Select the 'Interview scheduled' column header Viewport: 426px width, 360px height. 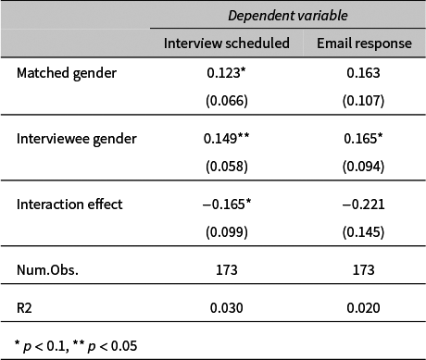tap(226, 43)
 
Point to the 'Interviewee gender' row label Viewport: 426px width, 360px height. tap(77, 139)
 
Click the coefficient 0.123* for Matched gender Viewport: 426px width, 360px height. tap(228, 73)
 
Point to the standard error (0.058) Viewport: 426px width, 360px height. tap(226, 166)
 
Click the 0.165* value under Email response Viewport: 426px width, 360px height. tap(365, 139)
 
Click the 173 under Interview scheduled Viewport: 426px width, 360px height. tap(226, 270)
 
